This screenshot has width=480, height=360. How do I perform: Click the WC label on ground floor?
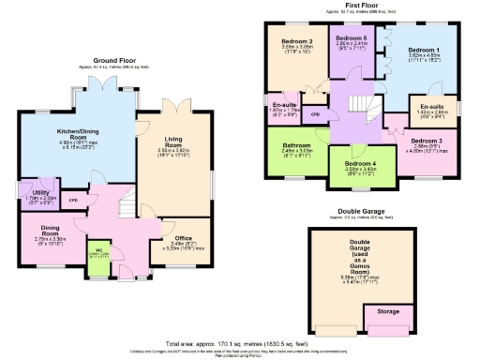click(98, 250)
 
